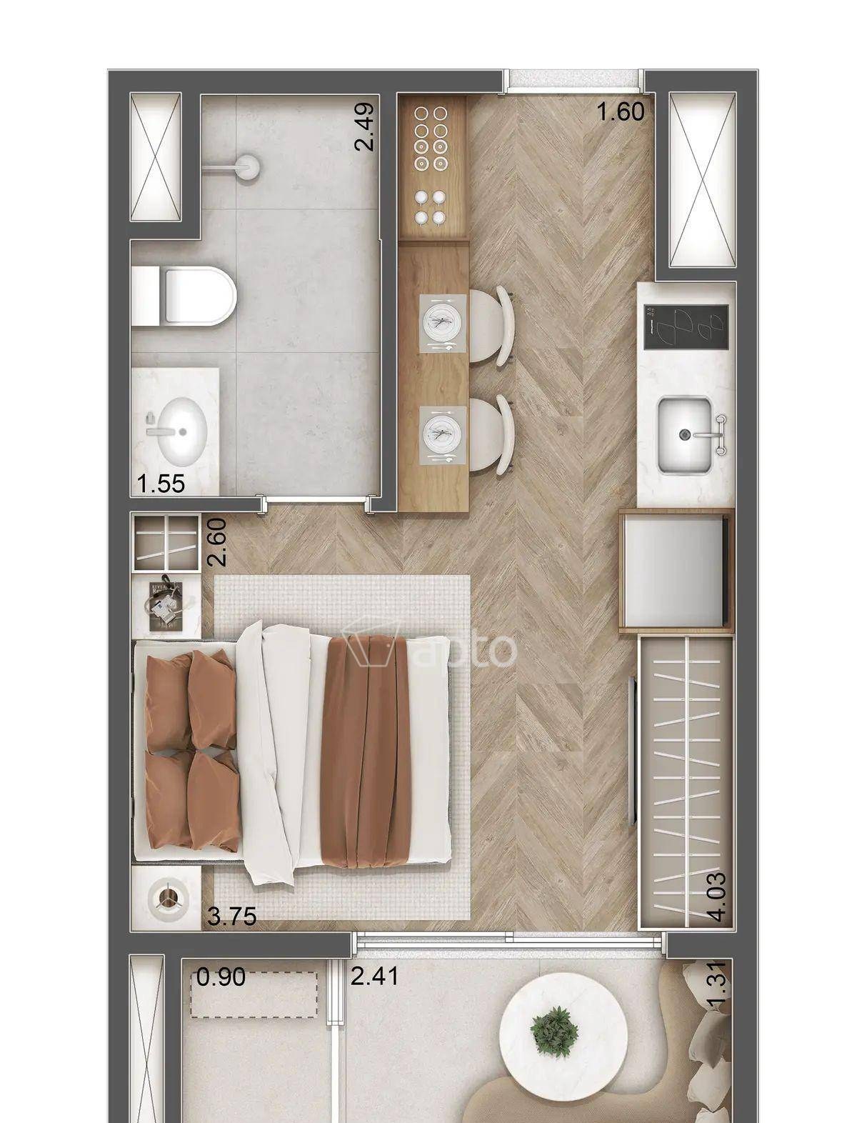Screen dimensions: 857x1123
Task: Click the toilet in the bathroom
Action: click(x=184, y=296)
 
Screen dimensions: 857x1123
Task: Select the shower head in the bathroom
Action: click(x=249, y=166)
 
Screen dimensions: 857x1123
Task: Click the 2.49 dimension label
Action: click(x=366, y=126)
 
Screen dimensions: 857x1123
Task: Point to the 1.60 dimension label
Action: click(x=621, y=112)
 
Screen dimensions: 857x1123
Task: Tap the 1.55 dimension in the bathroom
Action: click(x=161, y=483)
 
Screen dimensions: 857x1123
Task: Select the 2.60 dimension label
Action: click(x=217, y=541)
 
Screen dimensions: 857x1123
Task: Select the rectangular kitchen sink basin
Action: click(x=685, y=435)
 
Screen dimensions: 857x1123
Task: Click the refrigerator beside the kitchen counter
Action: click(x=676, y=571)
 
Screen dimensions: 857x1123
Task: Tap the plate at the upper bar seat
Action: click(x=443, y=323)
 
